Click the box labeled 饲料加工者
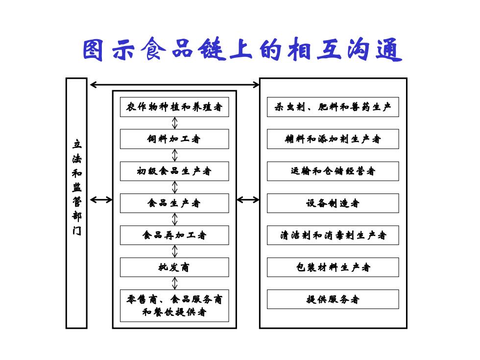174,139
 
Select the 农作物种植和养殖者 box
174,107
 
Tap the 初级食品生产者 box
174,171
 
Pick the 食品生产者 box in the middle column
174,203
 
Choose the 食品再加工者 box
174,235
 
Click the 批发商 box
174,267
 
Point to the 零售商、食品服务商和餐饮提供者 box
174,306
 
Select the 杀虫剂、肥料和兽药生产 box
333,107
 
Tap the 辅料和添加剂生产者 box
333,139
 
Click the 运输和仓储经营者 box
333,171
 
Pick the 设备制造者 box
333,203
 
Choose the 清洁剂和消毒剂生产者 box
333,235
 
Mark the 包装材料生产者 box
333,267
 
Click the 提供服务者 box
333,299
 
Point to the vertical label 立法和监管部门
77,187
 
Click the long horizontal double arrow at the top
175,84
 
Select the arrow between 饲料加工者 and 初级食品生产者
174,155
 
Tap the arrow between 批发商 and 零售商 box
174,283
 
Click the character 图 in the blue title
93,50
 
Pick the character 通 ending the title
389,49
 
